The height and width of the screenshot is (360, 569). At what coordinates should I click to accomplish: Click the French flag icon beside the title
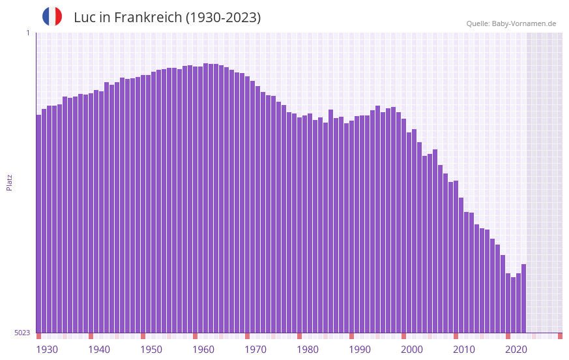click(x=52, y=16)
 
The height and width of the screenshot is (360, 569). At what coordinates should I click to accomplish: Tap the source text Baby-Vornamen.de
click(x=524, y=23)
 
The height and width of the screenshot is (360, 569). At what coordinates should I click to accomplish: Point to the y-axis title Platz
click(x=9, y=182)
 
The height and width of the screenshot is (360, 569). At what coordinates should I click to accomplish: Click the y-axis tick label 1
click(x=27, y=33)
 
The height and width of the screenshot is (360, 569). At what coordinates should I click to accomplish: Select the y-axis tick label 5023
click(x=22, y=333)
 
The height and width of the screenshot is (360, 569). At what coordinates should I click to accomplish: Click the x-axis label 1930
click(x=47, y=350)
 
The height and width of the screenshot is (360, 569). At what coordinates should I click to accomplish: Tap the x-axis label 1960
click(x=203, y=350)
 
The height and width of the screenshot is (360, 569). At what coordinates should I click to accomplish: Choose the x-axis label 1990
click(x=360, y=350)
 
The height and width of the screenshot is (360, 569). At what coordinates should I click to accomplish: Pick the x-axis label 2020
click(x=516, y=350)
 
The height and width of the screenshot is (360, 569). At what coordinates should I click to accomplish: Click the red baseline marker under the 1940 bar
click(x=91, y=336)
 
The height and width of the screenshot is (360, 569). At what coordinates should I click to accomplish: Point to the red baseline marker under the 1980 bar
click(x=299, y=336)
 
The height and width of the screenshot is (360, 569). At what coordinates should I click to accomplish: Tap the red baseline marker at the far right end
click(x=560, y=336)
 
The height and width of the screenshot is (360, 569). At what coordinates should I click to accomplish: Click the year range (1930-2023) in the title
click(x=223, y=18)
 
